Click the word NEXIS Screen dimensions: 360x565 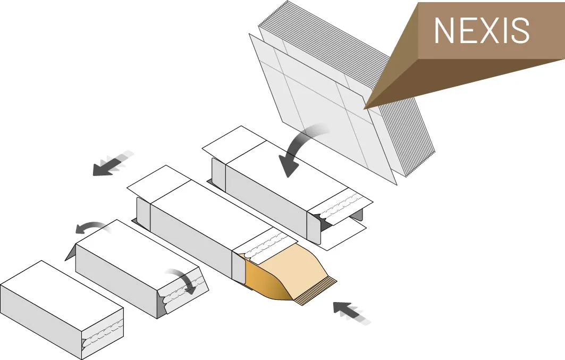(481, 30)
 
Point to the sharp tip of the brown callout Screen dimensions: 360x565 (365, 108)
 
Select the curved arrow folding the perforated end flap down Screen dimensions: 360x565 (183, 281)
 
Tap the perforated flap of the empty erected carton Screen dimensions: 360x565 (340, 205)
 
